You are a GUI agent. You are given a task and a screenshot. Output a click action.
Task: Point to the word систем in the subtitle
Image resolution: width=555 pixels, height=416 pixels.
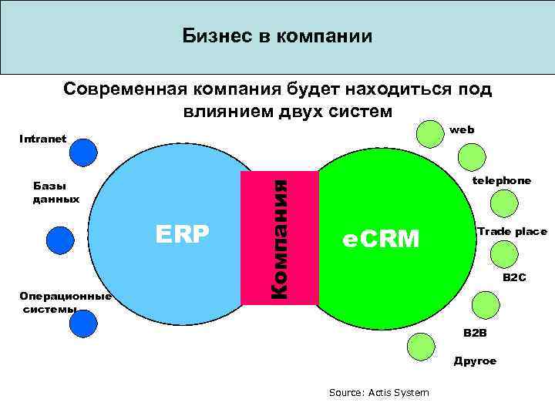[x=357, y=112]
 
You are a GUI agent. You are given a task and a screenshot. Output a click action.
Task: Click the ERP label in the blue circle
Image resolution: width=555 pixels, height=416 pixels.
[x=183, y=234]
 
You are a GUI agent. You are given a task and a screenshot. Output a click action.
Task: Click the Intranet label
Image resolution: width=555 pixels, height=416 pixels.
[x=42, y=139]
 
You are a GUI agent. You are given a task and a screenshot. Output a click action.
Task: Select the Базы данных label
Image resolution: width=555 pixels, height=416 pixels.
[x=55, y=193]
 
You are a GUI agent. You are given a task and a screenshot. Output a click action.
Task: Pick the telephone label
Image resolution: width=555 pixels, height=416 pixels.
[x=501, y=180]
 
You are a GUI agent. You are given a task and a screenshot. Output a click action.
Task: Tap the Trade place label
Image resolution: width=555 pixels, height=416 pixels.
[x=511, y=231]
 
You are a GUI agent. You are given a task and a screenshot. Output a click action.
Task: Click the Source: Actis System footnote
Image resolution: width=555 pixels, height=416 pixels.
[x=378, y=393]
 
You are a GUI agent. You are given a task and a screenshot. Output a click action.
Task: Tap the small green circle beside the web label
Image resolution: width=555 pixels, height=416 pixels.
[x=430, y=133]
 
